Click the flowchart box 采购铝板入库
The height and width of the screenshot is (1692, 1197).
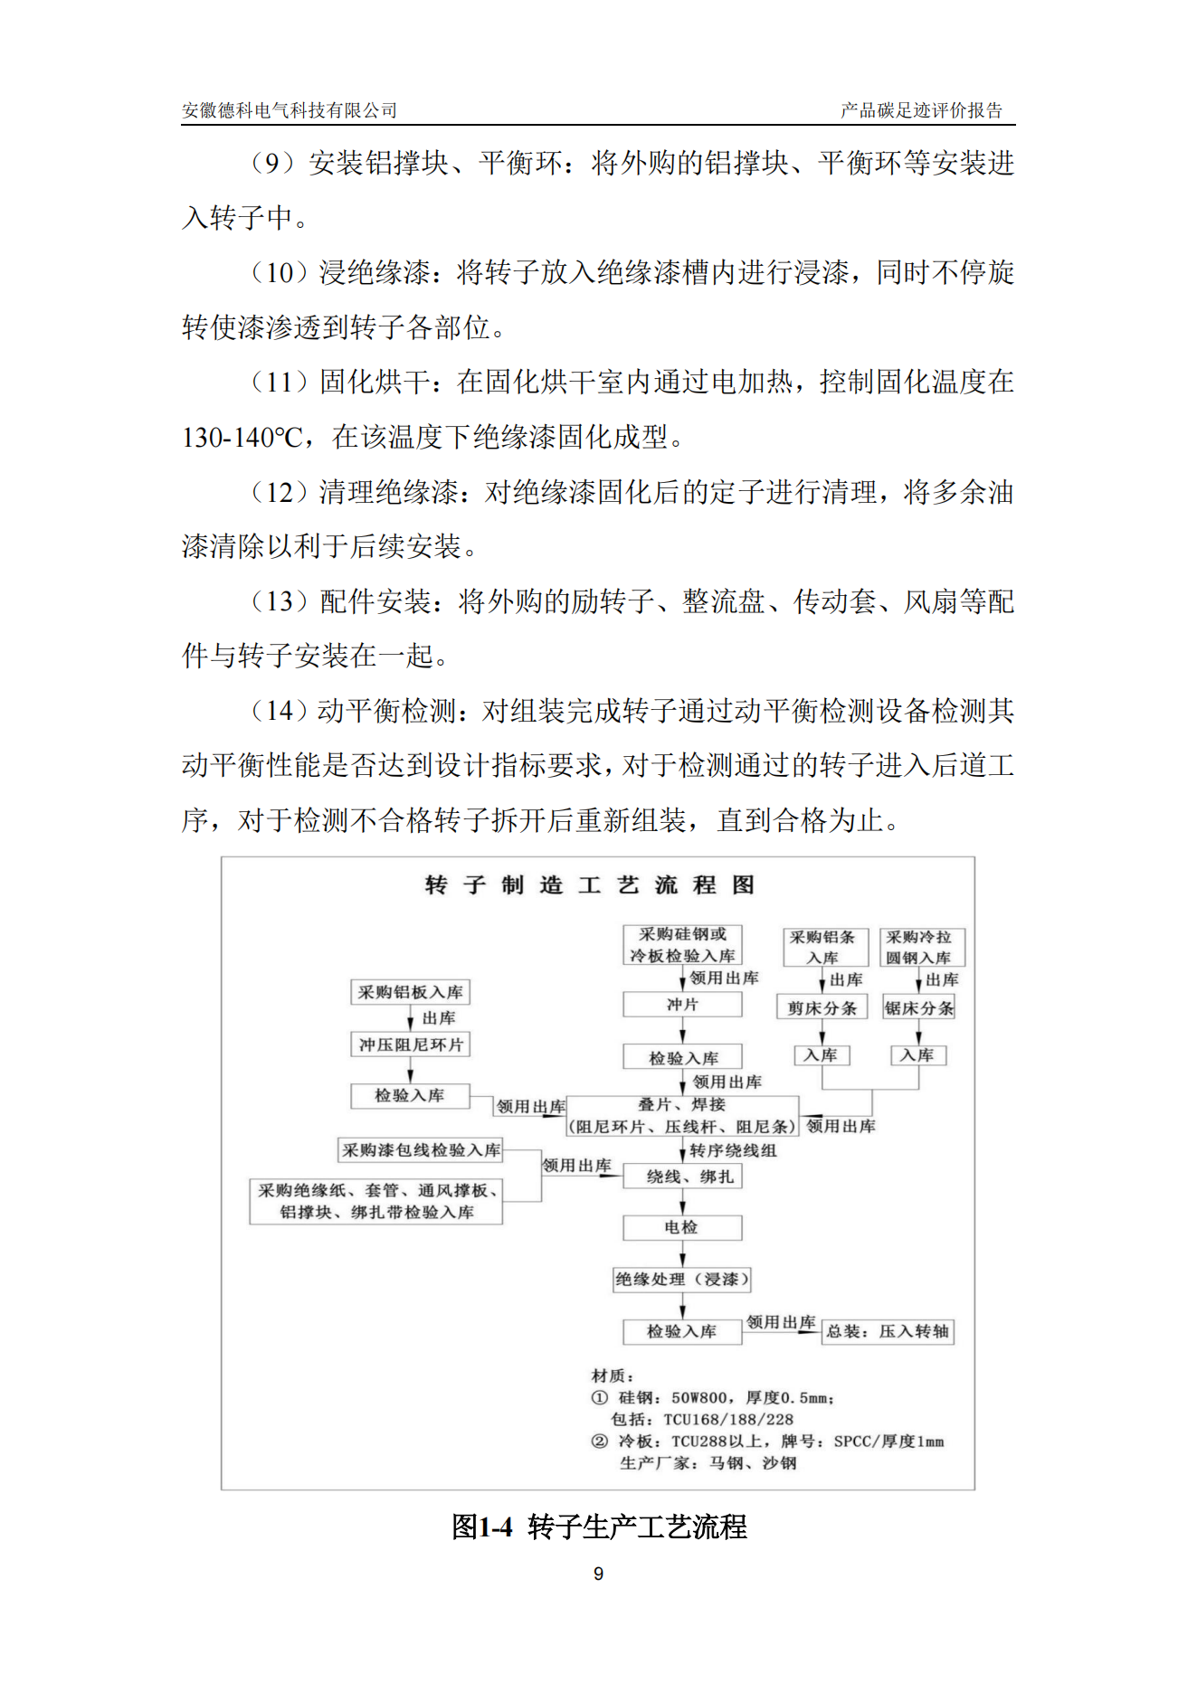410,992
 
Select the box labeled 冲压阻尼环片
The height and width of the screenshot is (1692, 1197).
410,1045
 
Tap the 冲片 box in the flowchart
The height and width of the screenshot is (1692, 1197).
682,1005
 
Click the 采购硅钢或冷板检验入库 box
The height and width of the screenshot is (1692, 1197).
682,945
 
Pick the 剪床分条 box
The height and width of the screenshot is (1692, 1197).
822,1007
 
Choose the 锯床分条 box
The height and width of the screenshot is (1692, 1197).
918,1007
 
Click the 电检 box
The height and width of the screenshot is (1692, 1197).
682,1227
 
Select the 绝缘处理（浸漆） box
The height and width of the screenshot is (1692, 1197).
682,1279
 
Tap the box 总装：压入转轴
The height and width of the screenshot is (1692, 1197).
887,1331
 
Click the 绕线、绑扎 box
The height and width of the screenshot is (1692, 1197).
682,1177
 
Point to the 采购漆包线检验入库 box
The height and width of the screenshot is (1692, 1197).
421,1150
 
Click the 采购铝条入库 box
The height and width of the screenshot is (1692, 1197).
824,947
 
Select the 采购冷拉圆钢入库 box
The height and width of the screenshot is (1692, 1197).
921,947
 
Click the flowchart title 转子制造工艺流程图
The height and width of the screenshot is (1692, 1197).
590,884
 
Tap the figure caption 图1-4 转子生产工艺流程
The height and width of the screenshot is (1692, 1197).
599,1527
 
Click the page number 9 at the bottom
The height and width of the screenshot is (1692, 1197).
598,1574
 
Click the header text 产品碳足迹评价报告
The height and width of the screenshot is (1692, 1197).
921,110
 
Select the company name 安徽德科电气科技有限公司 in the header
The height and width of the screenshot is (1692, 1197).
290,110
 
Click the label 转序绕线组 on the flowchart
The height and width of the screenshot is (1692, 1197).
733,1150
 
